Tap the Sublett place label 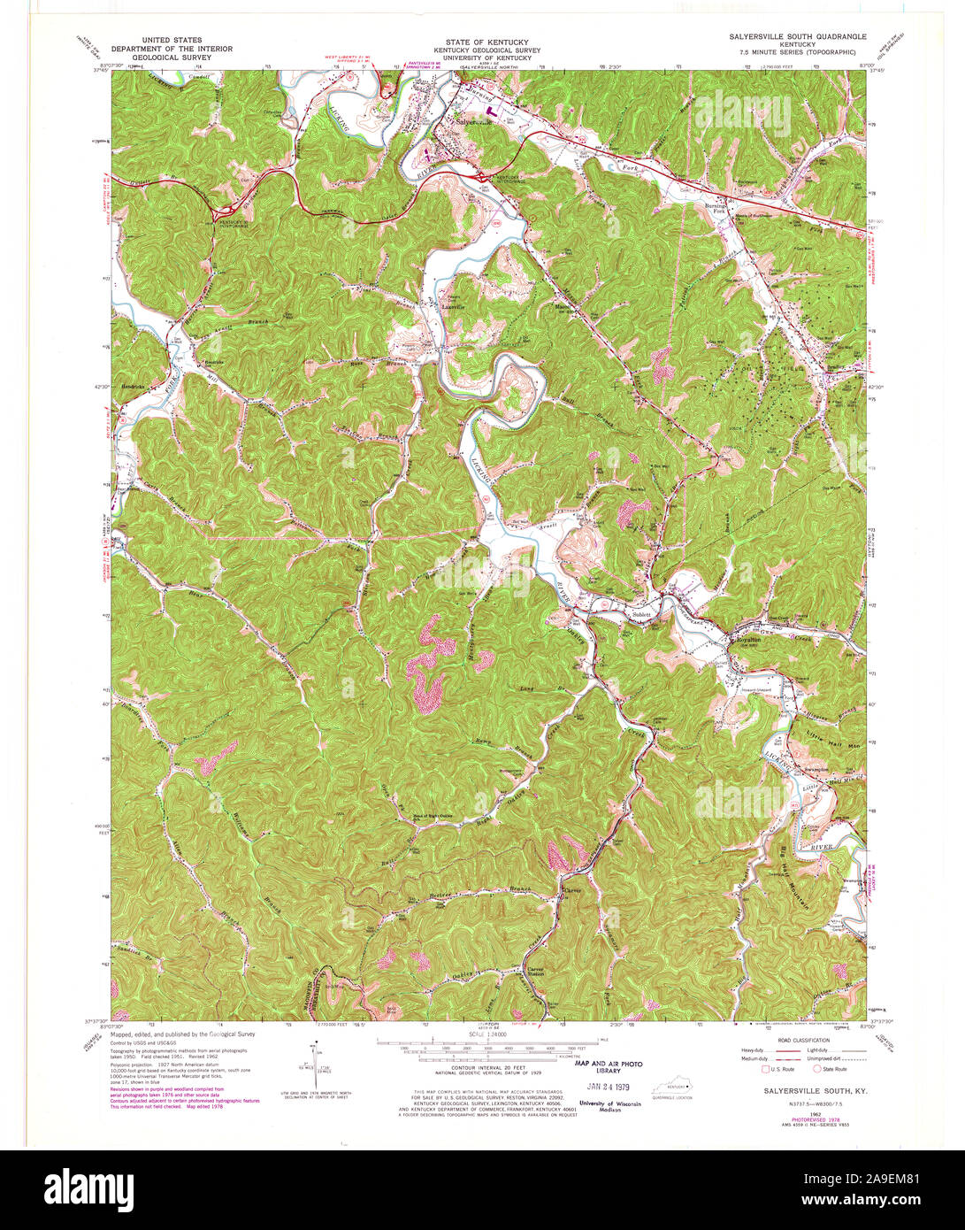[641, 613]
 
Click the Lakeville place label [454, 308]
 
